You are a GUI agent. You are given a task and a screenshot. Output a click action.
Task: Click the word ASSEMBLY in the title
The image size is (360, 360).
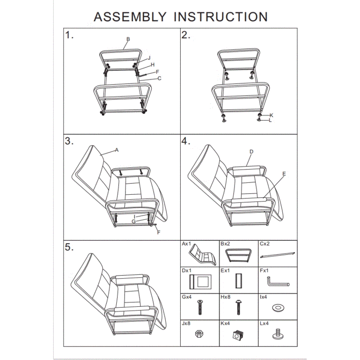point(130,17)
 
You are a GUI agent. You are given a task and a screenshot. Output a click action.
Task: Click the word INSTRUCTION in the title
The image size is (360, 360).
point(220,17)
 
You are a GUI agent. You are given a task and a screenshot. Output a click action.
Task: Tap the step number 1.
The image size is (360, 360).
point(69,35)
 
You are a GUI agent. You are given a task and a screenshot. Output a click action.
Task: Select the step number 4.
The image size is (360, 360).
point(186,141)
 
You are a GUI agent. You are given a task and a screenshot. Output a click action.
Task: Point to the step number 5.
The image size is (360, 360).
point(69,247)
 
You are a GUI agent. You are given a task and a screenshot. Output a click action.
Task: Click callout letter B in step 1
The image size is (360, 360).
point(128,39)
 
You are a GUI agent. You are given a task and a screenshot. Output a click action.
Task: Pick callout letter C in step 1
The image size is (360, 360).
point(159,78)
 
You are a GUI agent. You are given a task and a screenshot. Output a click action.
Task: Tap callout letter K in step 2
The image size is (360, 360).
point(271,115)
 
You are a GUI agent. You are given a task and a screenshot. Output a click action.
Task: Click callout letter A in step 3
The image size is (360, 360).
point(117,150)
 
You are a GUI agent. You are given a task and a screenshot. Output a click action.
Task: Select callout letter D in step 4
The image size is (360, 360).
point(251,152)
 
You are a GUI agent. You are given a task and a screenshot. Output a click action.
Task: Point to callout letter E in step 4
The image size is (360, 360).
point(284,174)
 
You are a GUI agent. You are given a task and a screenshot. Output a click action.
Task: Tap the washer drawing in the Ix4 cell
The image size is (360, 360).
point(278,308)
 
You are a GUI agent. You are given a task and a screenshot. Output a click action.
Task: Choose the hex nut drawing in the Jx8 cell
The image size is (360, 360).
point(199,333)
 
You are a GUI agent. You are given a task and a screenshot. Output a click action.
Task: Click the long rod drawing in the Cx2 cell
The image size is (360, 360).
point(278,255)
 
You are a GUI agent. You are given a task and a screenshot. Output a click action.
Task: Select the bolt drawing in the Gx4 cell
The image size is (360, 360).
point(200,307)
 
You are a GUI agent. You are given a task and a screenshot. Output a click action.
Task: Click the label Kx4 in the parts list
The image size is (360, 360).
point(225,323)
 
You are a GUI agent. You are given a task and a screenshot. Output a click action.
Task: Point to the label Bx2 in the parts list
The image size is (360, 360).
point(225,244)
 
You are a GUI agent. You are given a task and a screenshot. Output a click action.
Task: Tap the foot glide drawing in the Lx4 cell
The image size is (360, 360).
point(278,334)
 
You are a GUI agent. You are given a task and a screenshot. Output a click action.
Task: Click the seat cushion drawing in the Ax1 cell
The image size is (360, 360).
point(203,255)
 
